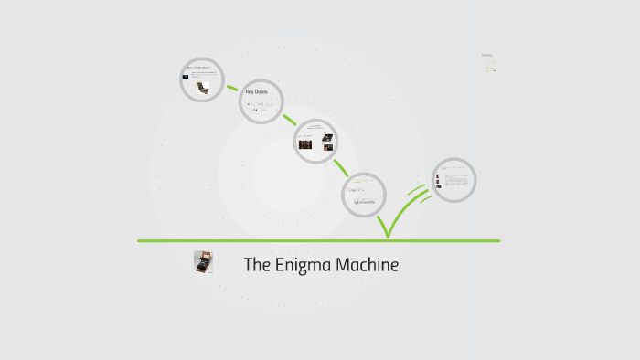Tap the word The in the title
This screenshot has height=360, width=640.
click(256, 266)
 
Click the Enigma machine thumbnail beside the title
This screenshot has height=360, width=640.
click(203, 263)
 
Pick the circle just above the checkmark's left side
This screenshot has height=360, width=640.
click(364, 194)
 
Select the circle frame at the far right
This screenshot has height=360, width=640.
click(454, 180)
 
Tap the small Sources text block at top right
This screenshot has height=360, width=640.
click(488, 61)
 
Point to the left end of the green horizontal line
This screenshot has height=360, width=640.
click(140, 241)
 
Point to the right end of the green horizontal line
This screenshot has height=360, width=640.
click(499, 241)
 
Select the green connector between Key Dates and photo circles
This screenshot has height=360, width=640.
click(289, 120)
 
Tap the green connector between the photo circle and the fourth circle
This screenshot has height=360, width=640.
click(341, 168)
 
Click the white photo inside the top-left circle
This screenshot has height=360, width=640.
click(205, 88)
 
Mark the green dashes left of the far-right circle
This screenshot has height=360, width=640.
click(416, 192)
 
